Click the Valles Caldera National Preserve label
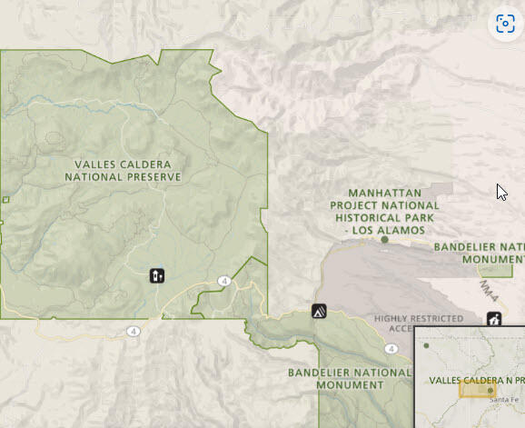click(124, 170)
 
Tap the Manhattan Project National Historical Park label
click(384, 212)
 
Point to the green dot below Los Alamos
click(385, 241)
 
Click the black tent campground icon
click(319, 312)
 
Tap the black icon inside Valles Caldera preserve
click(157, 275)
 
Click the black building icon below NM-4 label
click(493, 319)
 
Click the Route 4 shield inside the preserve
click(223, 281)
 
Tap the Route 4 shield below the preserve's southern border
click(134, 330)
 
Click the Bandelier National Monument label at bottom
click(350, 378)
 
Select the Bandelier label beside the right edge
click(479, 253)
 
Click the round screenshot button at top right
click(505, 25)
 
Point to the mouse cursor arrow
click(501, 193)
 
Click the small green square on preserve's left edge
click(5, 199)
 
